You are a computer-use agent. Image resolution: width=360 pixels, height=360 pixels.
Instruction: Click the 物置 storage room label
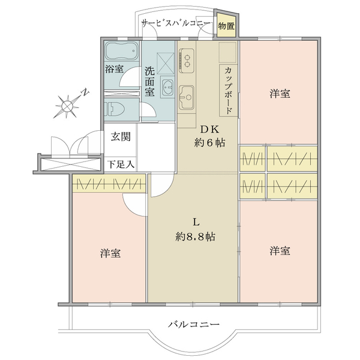pyautogui.click(x=226, y=26)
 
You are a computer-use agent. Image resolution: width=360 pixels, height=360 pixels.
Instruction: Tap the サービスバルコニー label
pyautogui.click(x=176, y=23)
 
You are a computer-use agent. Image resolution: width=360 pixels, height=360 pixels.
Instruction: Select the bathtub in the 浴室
pyautogui.click(x=122, y=51)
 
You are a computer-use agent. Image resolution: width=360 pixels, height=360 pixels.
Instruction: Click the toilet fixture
pyautogui.click(x=115, y=109)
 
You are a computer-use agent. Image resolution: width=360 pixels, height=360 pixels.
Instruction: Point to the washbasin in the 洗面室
pyautogui.click(x=167, y=88)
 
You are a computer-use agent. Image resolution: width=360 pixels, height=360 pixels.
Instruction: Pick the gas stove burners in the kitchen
pyautogui.click(x=187, y=61)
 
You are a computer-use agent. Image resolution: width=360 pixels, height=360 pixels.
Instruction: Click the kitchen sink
pyautogui.click(x=187, y=97)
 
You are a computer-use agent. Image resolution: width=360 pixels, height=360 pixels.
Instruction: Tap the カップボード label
pyautogui.click(x=228, y=91)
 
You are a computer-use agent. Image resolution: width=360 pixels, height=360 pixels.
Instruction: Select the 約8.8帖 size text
pyautogui.click(x=195, y=236)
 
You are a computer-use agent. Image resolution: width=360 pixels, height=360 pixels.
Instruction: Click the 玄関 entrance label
pyautogui.click(x=121, y=137)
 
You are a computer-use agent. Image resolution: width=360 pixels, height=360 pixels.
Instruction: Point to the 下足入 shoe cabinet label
pyautogui.click(x=121, y=164)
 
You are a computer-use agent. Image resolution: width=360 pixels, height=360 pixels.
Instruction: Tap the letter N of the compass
pyautogui.click(x=85, y=93)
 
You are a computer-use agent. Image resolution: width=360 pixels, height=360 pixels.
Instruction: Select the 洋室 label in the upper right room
pyautogui.click(x=280, y=94)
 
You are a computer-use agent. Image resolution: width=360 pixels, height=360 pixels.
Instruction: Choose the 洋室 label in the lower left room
pyautogui.click(x=110, y=253)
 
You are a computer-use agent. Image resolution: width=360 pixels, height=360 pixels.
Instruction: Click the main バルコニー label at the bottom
pyautogui.click(x=194, y=325)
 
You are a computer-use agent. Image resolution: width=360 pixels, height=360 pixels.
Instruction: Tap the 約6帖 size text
pyautogui.click(x=209, y=143)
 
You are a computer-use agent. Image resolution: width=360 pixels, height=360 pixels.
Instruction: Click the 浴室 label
pyautogui.click(x=114, y=69)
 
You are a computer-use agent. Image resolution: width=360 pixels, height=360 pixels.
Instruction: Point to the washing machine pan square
pyautogui.click(x=166, y=64)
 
